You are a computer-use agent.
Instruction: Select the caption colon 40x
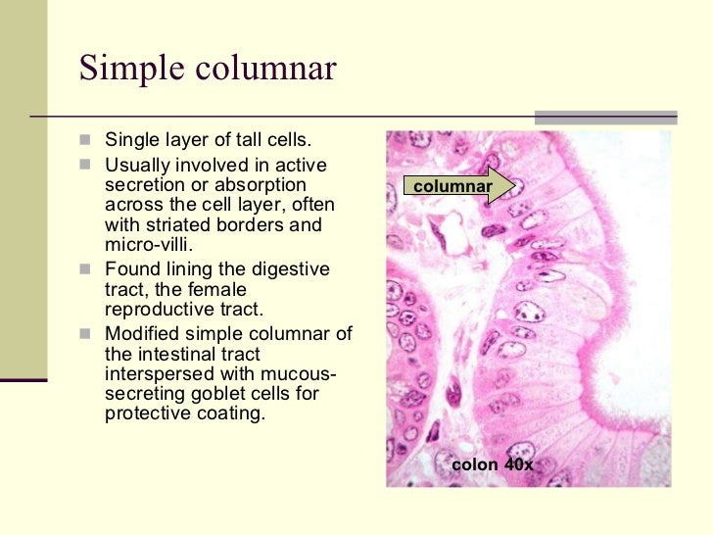(492, 464)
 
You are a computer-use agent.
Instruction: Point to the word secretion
(143, 184)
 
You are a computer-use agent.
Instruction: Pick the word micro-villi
(149, 245)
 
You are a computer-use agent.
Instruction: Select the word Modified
(143, 333)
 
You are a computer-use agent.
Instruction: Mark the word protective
(147, 414)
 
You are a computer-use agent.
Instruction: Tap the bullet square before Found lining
(86, 268)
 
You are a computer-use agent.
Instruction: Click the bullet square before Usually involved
(86, 164)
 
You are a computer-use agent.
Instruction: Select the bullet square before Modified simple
(86, 333)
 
